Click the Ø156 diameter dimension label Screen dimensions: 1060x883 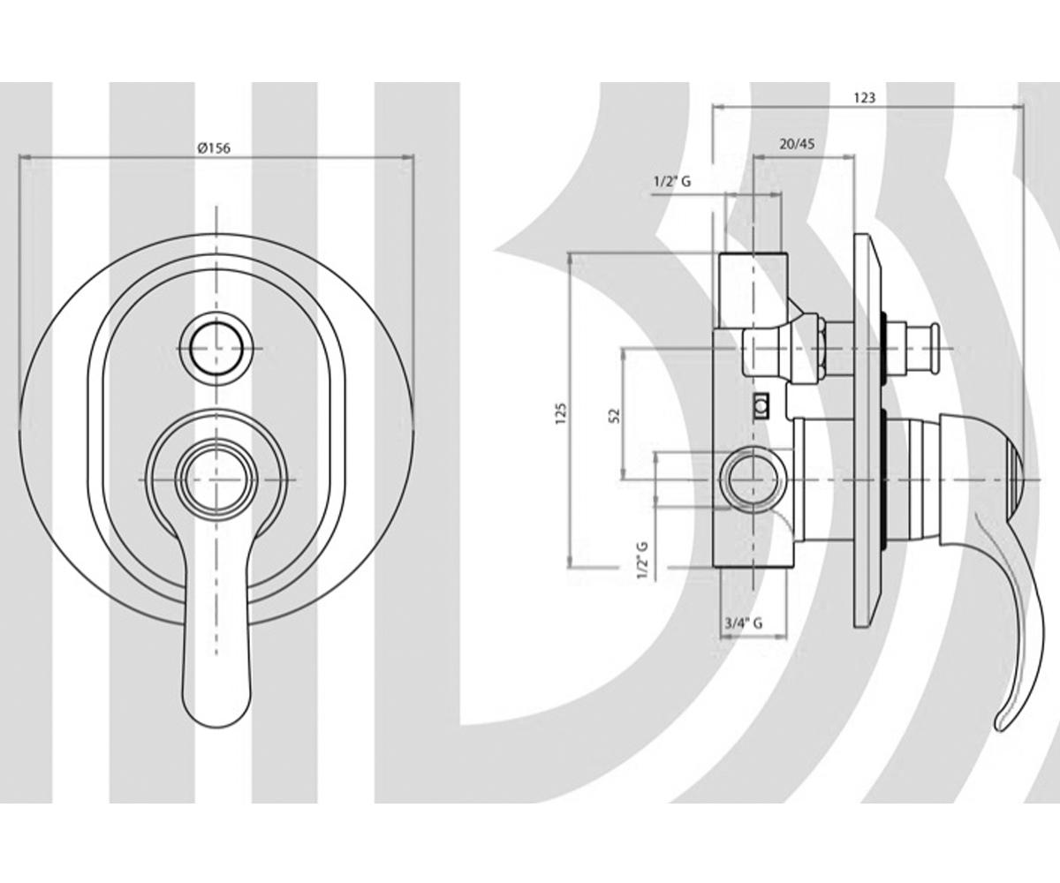click(214, 147)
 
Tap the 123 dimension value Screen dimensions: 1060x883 click(865, 97)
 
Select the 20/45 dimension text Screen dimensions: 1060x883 click(797, 144)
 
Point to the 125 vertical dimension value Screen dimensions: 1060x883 click(560, 413)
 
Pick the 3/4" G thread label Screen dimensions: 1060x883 click(744, 623)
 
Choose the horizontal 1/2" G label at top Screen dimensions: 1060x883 click(672, 181)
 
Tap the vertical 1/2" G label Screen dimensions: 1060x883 click(643, 560)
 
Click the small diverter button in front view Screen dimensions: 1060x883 click(217, 349)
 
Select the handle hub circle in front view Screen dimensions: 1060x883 click(217, 479)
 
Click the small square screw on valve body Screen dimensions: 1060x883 click(761, 406)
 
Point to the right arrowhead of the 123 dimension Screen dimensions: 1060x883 click(1018, 107)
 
